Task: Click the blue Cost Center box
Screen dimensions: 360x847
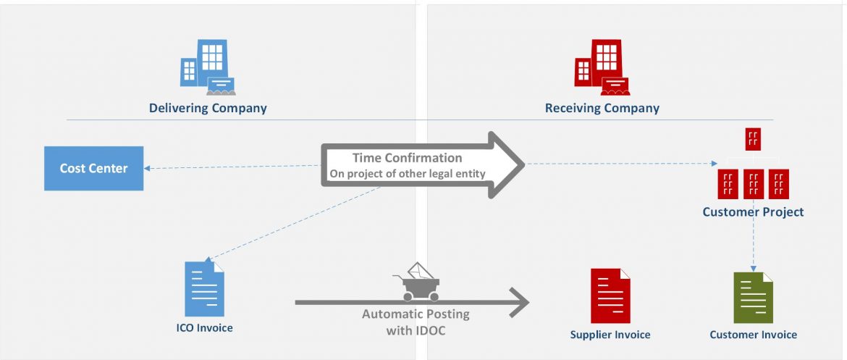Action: (x=93, y=168)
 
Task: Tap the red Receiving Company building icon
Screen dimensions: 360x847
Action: (x=602, y=67)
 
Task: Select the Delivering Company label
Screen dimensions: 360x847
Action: (x=208, y=109)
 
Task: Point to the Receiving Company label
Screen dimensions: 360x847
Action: (x=602, y=109)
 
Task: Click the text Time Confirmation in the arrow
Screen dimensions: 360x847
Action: (x=407, y=158)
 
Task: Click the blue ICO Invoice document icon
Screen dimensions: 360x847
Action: (x=205, y=288)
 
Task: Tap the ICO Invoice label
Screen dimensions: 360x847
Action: (x=205, y=328)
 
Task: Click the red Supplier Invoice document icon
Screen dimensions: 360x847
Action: (x=610, y=296)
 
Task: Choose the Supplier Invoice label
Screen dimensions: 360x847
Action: (x=610, y=335)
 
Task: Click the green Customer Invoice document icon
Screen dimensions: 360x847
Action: (x=753, y=298)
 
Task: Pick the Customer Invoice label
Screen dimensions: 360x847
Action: (x=753, y=335)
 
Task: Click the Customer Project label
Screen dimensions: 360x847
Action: (x=753, y=212)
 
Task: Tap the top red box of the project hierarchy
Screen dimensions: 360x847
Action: (x=753, y=138)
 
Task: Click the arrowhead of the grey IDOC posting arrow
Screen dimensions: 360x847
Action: (x=520, y=301)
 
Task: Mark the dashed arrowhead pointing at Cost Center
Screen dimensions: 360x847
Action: (x=148, y=169)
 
